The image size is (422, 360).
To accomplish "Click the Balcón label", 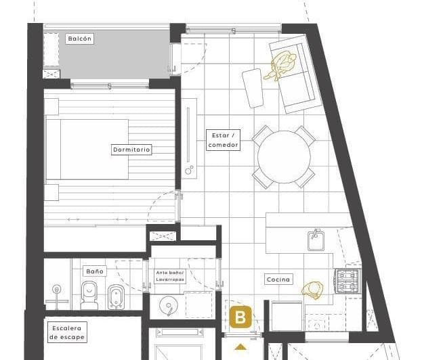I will [79, 39].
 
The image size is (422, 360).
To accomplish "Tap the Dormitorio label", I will [131, 150].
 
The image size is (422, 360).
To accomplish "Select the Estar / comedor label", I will [223, 140].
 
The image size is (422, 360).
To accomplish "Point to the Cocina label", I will [278, 279].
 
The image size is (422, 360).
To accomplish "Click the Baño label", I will [95, 271].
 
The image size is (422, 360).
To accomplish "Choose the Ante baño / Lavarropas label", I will [169, 275].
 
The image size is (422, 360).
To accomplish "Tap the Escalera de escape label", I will [66, 332].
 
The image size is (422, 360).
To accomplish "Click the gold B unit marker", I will [240, 317].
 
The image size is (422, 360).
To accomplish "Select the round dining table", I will [284, 157].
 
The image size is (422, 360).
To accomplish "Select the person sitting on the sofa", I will [283, 66].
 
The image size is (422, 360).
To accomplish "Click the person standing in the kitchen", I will [314, 290].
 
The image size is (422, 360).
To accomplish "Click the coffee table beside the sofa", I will [253, 87].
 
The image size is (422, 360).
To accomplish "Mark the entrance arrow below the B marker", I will [240, 348].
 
